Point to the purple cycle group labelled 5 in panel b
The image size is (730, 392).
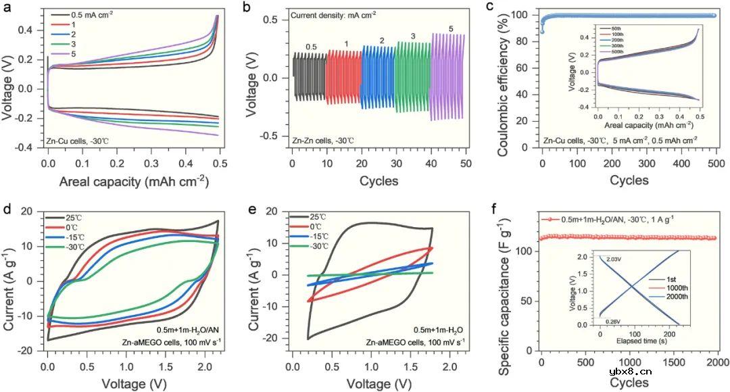pos(448,76)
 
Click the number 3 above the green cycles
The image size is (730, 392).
pos(412,36)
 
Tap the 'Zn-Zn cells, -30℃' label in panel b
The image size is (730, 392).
pos(322,141)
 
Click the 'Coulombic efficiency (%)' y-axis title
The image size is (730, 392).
pos(504,78)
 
